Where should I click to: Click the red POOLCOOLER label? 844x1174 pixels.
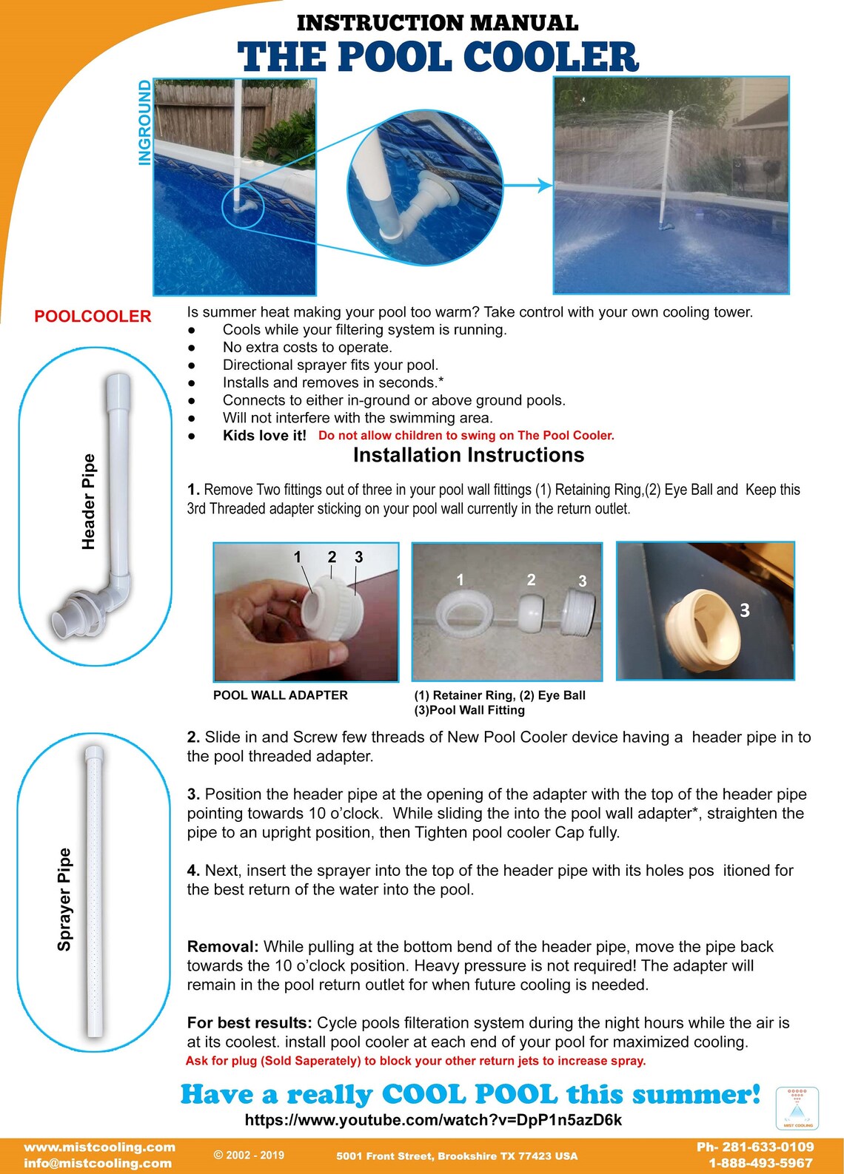tap(93, 316)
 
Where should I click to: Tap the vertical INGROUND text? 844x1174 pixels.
tap(144, 123)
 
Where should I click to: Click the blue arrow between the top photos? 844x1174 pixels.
tap(527, 185)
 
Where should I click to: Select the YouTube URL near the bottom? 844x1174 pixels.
tap(433, 1119)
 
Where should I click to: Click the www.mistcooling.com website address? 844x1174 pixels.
tap(100, 1147)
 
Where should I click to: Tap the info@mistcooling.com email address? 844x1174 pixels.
tap(98, 1163)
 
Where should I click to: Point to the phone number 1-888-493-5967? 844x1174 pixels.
tap(760, 1163)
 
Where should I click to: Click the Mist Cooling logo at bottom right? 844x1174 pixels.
tap(797, 1108)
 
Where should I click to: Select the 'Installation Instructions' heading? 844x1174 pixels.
tap(469, 455)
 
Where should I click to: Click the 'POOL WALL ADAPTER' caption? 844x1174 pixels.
tap(280, 695)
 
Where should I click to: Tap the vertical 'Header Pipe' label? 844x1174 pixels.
tap(88, 502)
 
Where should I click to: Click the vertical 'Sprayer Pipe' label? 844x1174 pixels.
tap(64, 899)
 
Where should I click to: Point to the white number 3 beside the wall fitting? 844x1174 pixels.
tap(744, 610)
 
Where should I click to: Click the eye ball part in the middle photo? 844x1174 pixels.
tap(531, 613)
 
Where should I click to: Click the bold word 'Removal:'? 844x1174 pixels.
tap(223, 947)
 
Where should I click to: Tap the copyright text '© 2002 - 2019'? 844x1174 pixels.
tap(249, 1155)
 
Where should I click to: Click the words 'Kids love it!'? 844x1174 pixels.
tap(264, 435)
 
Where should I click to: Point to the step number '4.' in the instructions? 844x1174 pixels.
tap(193, 870)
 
